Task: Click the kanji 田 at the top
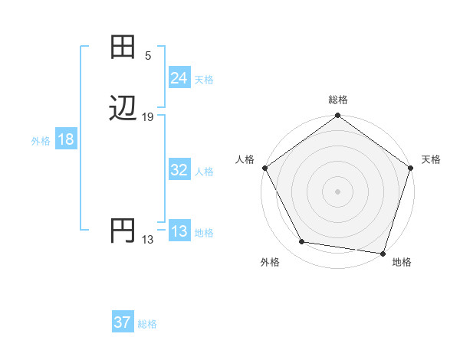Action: [123, 47]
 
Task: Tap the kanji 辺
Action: [123, 108]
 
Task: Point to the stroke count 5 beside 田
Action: [148, 56]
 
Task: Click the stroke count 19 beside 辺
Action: [148, 117]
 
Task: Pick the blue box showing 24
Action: [179, 78]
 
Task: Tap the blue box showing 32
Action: [179, 171]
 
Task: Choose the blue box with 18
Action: [65, 139]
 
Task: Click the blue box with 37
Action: [122, 322]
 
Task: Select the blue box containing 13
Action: [179, 232]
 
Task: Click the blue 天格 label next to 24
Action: [204, 80]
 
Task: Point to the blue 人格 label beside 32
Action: [204, 172]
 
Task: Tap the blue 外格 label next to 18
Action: [41, 141]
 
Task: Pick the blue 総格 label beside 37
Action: [147, 324]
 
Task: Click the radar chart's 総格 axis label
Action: [338, 100]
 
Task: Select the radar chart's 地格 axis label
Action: [402, 262]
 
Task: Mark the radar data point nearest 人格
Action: [264, 168]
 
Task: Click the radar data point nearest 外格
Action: [302, 242]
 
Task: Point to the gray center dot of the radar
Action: [338, 191]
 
